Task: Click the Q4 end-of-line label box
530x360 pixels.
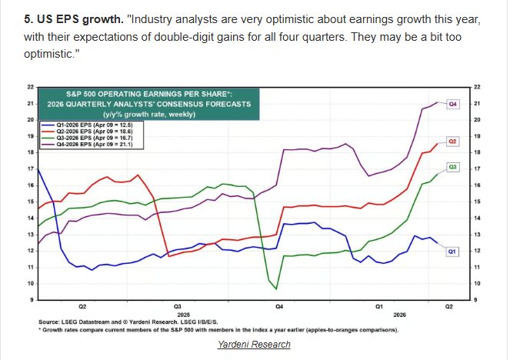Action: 453,103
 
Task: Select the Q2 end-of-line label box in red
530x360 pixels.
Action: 453,142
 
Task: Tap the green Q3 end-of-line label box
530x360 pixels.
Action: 453,166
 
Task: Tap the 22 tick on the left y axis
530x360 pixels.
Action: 30,87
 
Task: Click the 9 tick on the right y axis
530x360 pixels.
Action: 477,299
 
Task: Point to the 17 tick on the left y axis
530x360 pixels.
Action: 30,168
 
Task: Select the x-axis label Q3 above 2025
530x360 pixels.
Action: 177,306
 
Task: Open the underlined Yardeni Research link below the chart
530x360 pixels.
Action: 254,344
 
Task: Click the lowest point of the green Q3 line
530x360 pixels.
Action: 277,288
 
